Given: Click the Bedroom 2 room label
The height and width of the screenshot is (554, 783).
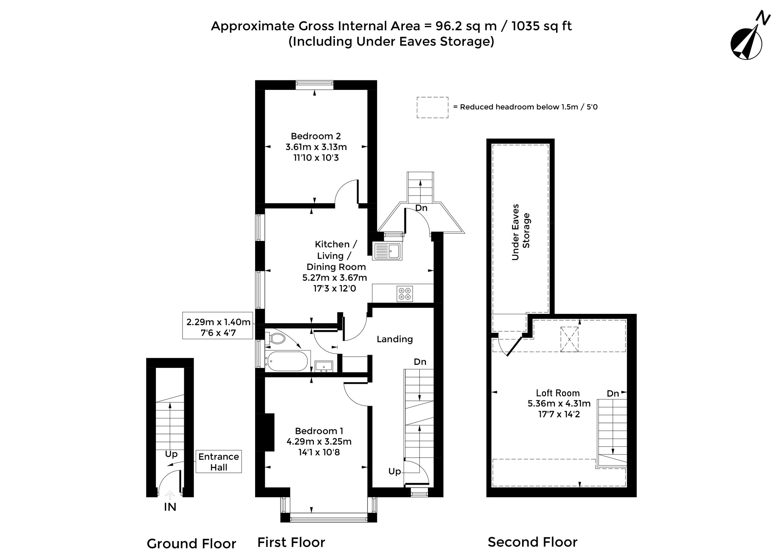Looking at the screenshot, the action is [x=316, y=136].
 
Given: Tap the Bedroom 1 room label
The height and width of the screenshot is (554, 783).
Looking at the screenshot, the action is [x=319, y=431].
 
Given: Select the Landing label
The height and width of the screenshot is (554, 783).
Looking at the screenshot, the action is [x=395, y=339].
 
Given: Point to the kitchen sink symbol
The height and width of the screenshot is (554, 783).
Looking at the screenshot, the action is [x=387, y=251].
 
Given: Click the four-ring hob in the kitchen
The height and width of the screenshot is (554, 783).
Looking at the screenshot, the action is [x=405, y=294].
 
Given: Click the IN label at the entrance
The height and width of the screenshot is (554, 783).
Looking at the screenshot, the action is [x=170, y=507].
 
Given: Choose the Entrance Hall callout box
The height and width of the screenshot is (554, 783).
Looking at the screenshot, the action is [x=219, y=461].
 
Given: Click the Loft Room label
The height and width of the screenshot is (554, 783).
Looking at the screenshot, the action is [x=558, y=393].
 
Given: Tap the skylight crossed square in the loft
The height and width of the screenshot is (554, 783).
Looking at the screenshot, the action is [x=570, y=339].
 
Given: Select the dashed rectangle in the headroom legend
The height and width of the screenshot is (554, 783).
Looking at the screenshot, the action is [x=432, y=108].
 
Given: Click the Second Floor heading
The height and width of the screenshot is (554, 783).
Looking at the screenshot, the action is [x=533, y=542].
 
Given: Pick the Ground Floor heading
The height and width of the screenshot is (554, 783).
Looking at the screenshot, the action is [x=191, y=543].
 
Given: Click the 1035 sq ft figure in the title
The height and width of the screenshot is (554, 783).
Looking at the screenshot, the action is [x=542, y=26].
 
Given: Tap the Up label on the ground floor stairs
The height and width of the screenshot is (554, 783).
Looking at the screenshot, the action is [x=171, y=454].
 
